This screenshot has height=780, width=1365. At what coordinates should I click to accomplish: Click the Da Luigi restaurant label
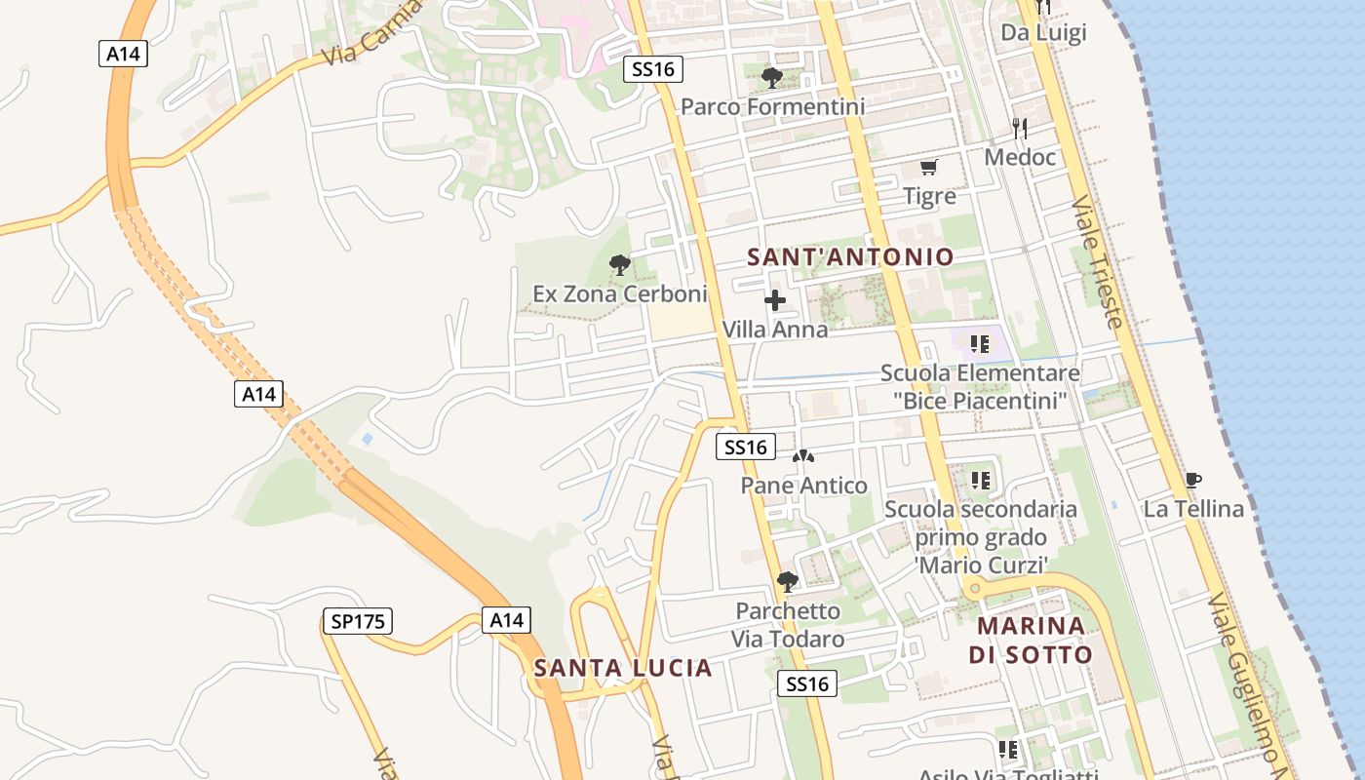(1043, 33)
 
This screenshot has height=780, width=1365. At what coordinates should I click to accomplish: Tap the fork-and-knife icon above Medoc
(1020, 128)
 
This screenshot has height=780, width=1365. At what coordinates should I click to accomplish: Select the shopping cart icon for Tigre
(929, 168)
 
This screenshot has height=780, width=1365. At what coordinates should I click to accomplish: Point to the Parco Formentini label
(772, 106)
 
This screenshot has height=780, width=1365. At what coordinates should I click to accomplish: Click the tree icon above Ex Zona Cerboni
(619, 264)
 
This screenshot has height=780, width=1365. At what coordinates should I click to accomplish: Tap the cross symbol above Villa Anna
(775, 300)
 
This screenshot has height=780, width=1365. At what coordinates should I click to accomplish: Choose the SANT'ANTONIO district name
(850, 257)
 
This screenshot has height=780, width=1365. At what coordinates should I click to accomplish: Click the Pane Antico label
(803, 486)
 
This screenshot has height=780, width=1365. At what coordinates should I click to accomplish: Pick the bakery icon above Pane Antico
(803, 456)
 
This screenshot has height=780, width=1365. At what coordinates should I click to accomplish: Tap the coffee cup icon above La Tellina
(1192, 480)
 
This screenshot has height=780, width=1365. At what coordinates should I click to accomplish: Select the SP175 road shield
(358, 621)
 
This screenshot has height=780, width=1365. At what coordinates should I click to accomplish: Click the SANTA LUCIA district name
(623, 668)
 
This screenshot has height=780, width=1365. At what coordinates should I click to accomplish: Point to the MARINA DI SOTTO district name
(1031, 640)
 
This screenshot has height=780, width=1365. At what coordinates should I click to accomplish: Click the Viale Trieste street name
(1098, 261)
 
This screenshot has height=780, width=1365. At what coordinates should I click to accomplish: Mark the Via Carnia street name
(371, 32)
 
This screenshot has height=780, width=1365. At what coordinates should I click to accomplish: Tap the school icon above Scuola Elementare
(980, 343)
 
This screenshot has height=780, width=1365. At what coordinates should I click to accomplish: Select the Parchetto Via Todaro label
(788, 625)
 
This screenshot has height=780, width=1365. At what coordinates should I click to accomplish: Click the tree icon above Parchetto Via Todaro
(788, 582)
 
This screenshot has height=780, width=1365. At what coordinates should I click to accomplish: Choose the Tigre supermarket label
(929, 196)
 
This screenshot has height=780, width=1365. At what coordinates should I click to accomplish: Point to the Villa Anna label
(775, 330)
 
